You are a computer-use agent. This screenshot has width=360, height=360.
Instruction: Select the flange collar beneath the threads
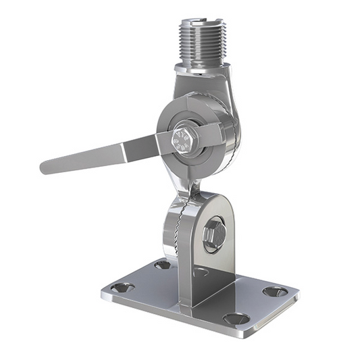(201, 68)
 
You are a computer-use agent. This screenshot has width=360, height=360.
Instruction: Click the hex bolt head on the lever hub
(183, 139)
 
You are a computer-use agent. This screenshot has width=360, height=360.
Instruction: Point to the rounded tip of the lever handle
(47, 166)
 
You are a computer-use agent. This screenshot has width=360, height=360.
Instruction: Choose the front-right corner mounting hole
(236, 318)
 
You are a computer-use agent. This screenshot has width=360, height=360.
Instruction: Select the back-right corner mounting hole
(274, 292)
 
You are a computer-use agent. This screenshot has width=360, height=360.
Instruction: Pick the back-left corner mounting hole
(162, 265)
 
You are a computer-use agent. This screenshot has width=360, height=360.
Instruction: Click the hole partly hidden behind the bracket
(201, 272)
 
